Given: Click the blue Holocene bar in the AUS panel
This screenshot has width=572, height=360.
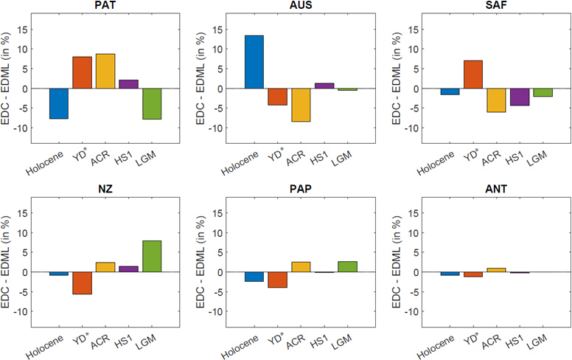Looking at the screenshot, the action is (254, 62).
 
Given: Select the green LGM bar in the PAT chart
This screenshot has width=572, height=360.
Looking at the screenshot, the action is (152, 104).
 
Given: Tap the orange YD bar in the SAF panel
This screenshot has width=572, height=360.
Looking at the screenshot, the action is (472, 75).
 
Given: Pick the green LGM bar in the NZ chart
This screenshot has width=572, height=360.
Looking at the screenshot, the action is (152, 256).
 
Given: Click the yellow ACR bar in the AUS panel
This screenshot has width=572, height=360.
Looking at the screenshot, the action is (301, 105).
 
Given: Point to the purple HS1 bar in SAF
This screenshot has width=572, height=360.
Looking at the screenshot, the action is (520, 97).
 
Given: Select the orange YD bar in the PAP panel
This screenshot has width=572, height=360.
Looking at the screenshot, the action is (277, 280).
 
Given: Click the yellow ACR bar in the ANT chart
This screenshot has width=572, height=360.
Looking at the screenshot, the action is (496, 270).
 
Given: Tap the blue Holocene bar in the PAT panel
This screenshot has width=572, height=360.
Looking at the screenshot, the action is (59, 104).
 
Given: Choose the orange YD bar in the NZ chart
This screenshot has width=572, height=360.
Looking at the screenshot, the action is (82, 283).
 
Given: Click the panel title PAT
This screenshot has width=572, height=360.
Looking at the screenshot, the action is (105, 5).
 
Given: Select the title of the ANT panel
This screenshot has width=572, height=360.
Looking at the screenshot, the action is (496, 189).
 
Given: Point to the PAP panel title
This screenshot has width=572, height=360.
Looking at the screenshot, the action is (301, 189).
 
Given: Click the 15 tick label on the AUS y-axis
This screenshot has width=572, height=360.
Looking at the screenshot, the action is (217, 30).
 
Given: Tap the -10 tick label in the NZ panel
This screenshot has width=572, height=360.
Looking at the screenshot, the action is (21, 311).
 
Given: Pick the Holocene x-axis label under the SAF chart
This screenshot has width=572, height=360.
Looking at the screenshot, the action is (436, 162).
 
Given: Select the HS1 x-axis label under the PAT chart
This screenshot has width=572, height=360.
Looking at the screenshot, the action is (123, 158).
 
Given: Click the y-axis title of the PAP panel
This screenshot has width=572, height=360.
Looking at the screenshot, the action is (200, 262).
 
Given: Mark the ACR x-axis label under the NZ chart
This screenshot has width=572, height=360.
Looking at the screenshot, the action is (100, 342).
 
